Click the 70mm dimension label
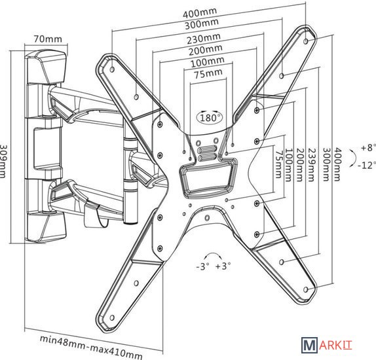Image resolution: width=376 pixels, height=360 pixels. point(48,39)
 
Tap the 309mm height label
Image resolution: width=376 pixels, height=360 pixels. point(2,161)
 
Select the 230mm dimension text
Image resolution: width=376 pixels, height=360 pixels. point(204,39)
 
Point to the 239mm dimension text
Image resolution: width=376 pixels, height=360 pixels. point(311,165)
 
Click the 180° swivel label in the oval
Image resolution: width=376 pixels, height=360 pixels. point(210,118)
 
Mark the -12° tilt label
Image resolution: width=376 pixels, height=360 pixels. point(367,165)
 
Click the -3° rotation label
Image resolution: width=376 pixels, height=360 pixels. point(203,266)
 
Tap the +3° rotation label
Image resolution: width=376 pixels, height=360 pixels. point(223,266)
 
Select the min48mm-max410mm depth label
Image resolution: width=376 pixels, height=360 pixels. point(91,346)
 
